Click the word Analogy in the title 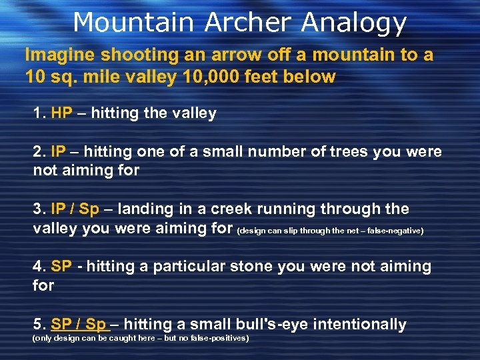pyautogui.click(x=354, y=23)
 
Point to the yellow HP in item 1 pyautogui.click(x=61, y=113)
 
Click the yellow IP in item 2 pyautogui.click(x=58, y=151)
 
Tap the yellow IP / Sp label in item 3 pyautogui.click(x=75, y=209)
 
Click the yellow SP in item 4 pyautogui.click(x=61, y=267)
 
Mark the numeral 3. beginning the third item pyautogui.click(x=39, y=209)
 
